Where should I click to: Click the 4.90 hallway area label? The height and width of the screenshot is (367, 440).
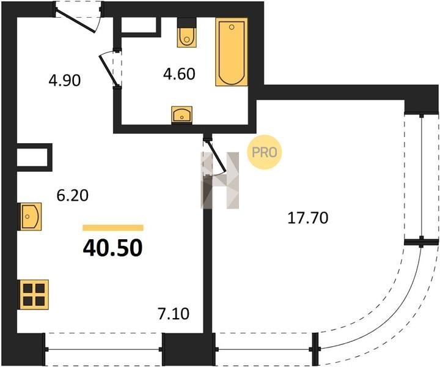point(65,81)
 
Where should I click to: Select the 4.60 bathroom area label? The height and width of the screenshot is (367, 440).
point(179,75)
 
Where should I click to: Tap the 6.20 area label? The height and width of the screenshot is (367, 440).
point(72,196)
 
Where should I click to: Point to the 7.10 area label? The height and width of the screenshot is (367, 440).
point(174,314)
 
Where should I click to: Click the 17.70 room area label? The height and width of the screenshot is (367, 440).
point(308,218)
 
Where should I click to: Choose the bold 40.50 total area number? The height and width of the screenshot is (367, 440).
point(113,248)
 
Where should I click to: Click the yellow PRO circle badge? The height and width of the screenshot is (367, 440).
point(264,152)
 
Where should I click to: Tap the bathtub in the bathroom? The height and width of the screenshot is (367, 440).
point(232,52)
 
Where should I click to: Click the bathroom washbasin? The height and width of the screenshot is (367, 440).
point(182,115)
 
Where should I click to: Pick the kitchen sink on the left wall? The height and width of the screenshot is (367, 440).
point(30,217)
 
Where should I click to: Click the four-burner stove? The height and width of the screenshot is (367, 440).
point(34,295)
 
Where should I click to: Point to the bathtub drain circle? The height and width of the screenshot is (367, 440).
point(232,27)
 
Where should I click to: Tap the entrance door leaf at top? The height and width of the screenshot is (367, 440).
point(76,21)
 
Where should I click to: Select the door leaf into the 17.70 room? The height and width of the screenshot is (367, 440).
point(216,156)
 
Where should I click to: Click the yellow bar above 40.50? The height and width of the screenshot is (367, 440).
point(113,228)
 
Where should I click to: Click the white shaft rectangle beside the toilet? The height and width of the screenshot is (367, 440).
point(139,25)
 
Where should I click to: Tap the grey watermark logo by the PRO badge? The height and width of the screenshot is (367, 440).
point(220,180)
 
